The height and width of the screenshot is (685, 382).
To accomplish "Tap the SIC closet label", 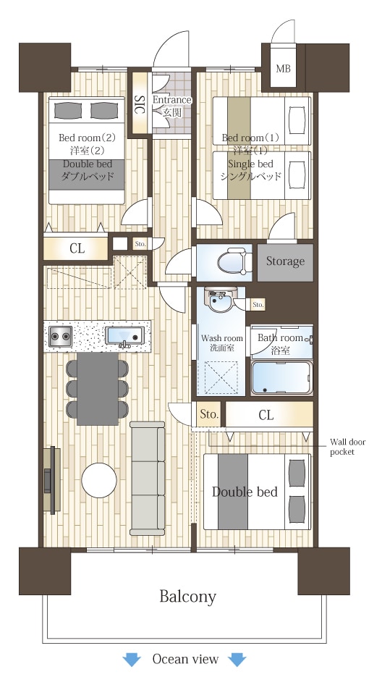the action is point(140,104).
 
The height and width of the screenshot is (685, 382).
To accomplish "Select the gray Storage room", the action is point(285,262).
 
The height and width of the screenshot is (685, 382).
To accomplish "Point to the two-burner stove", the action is point(60,337).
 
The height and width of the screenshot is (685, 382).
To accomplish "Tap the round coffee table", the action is point(99,480).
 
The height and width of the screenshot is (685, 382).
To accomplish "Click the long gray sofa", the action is point(148,479).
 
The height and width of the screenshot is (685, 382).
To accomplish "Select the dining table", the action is point(98,388).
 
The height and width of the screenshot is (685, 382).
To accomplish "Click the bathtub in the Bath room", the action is point(281,378).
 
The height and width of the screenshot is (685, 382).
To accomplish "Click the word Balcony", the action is point(187,597).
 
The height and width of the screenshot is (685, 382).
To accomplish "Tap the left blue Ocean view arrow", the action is point(132,659).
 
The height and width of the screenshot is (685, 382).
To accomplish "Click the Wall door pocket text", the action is point(347,447).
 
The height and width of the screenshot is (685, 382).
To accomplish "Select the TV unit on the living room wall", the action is point(52,479).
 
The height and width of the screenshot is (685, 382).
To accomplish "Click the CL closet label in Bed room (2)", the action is point(77,248).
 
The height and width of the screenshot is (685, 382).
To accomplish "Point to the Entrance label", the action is point(171,100).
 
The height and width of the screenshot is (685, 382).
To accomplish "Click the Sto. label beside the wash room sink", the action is point(258,305).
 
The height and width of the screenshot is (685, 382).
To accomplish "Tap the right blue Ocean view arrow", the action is point(237,659).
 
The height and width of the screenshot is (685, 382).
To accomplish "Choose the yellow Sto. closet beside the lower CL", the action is point(208,414).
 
